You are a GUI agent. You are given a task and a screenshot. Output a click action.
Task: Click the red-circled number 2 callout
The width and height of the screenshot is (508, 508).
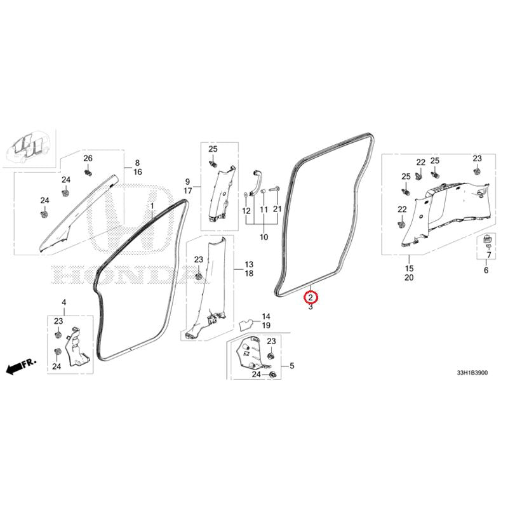[311, 297]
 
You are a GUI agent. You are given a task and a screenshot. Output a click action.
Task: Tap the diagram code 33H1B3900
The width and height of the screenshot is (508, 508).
[472, 373]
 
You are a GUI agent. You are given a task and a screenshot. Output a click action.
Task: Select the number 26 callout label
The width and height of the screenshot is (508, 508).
[88, 158]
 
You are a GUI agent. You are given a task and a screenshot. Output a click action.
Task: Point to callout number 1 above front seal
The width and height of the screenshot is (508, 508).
[152, 206]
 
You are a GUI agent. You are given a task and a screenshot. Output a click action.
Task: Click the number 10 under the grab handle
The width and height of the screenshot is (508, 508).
[264, 237]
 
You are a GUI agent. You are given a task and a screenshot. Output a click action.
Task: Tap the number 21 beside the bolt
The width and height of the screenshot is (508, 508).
[277, 209]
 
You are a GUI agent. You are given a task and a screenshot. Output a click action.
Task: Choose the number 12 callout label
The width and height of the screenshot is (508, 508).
[246, 211]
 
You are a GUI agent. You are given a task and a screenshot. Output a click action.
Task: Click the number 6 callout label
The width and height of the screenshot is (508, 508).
[486, 270]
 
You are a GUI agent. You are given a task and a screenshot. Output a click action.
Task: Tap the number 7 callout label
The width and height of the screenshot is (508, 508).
[489, 255]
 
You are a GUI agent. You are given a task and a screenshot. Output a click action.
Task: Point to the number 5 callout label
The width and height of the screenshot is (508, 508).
[292, 366]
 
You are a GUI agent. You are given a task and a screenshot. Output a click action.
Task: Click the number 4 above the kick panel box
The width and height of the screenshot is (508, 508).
[64, 302]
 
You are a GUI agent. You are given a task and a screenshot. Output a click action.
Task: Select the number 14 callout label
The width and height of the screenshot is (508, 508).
[266, 316]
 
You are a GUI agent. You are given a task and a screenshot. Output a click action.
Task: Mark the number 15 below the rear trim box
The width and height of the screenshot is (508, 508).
[409, 268]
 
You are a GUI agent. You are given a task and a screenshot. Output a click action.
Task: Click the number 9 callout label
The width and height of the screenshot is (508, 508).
[187, 182]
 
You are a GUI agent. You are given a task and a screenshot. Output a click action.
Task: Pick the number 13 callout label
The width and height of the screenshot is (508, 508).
[249, 264]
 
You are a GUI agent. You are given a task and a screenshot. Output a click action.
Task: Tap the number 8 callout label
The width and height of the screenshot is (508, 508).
[137, 163]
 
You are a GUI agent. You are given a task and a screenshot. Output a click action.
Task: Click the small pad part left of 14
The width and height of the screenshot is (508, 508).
[246, 325]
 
